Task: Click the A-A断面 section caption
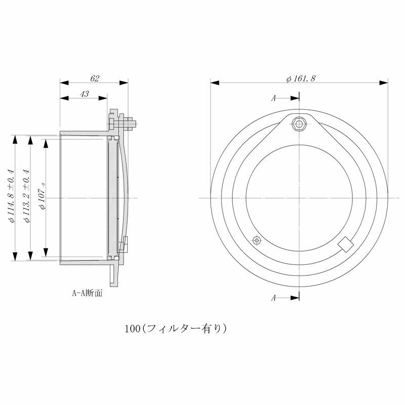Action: click(88, 293)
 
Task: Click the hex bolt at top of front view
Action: click(300, 124)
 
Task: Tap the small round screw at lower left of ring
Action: click(257, 239)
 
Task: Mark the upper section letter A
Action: click(273, 98)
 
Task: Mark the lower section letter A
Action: click(273, 298)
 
